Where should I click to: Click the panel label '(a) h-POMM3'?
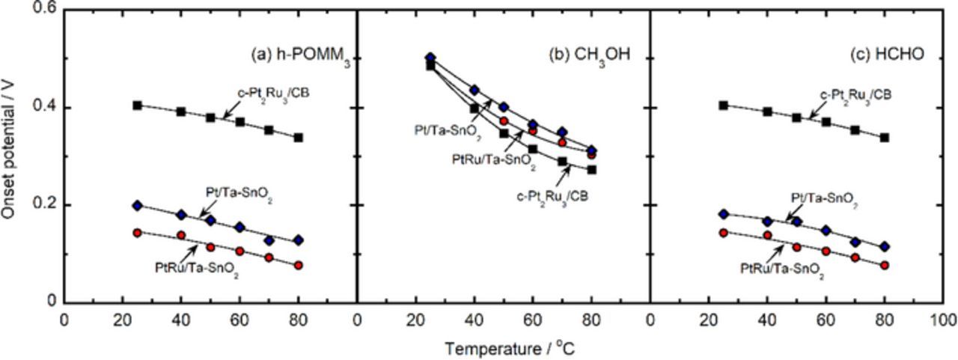299,55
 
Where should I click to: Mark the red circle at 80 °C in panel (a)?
298,265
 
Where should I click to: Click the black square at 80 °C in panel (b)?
591,170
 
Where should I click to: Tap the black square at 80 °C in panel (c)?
885,138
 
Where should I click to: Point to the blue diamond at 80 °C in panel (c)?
885,246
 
